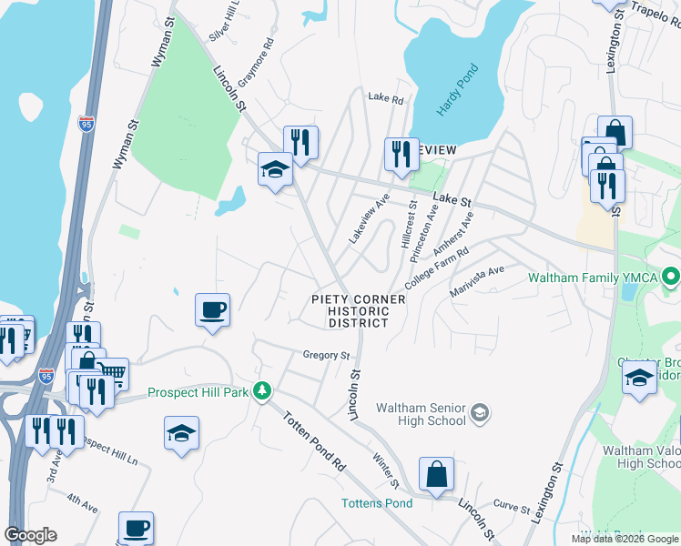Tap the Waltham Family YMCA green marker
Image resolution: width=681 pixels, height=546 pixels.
point(671,275)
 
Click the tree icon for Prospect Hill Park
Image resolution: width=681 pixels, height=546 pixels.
point(262,390)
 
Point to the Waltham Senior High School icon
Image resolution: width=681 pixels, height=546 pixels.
point(479,415)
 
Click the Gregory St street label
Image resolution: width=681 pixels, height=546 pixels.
point(327,355)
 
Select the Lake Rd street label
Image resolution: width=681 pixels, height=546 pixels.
point(385,97)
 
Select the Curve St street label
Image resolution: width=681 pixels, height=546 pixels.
point(505,503)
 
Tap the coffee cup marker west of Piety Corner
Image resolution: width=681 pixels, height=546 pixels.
point(212,310)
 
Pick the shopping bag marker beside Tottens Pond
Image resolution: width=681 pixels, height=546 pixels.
point(437,474)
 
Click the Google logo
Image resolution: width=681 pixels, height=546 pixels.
point(30,535)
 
